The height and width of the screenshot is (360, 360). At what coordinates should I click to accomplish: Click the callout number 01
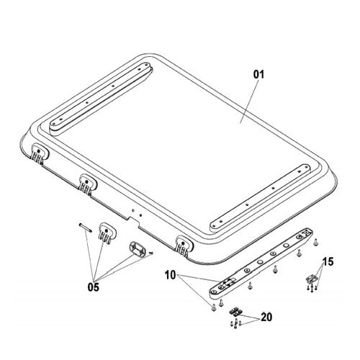point(258,74)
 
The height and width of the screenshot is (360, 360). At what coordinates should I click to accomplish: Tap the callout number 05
point(93,287)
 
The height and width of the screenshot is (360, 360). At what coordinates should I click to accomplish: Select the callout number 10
point(171,275)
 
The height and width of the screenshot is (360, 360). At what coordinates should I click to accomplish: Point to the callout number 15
point(328,261)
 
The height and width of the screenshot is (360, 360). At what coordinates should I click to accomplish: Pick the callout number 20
point(266,318)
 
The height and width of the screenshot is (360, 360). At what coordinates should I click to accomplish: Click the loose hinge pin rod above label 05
point(85,228)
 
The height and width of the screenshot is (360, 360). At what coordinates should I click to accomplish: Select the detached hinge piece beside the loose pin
point(107,233)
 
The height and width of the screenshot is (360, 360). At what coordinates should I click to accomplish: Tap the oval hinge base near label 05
point(138,250)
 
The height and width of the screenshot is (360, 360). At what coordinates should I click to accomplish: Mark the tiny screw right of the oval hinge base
point(151,253)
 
